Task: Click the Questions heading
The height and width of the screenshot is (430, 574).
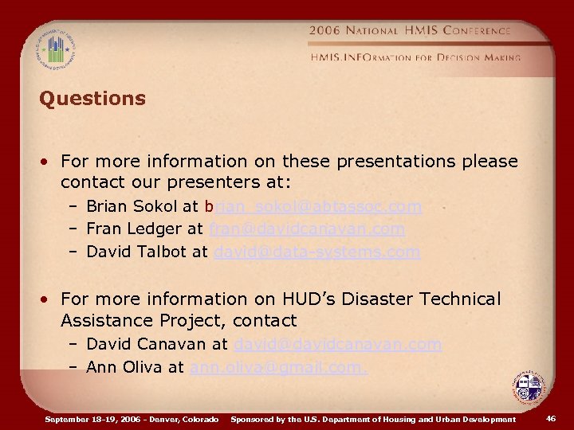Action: click(92, 99)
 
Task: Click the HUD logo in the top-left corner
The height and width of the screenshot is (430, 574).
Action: click(55, 49)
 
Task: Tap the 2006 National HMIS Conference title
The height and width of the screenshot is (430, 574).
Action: click(410, 30)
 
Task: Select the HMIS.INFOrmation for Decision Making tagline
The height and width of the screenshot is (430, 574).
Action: click(415, 57)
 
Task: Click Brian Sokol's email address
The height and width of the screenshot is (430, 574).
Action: click(313, 206)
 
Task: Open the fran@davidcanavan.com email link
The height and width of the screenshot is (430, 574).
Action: click(307, 229)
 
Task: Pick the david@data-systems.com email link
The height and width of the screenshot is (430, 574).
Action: click(316, 252)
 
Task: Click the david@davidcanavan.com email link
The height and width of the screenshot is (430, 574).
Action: click(337, 345)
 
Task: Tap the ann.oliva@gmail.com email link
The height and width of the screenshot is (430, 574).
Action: click(278, 367)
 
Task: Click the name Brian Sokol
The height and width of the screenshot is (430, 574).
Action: click(132, 206)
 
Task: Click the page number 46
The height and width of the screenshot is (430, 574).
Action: click(551, 418)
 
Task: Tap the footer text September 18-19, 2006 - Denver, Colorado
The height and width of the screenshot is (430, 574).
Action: click(132, 419)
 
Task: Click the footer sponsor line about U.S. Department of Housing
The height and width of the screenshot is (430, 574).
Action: click(373, 419)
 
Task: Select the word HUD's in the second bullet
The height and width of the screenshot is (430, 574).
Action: click(314, 299)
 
